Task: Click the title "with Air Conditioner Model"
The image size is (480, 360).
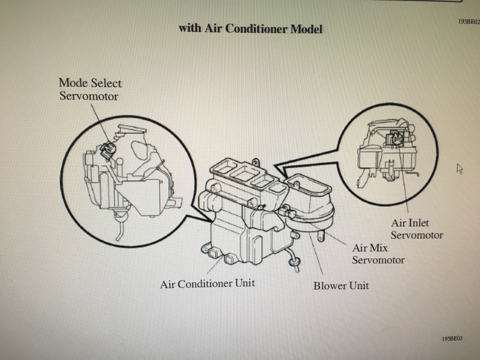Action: (250, 29)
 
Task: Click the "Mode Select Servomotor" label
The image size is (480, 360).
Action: (90, 90)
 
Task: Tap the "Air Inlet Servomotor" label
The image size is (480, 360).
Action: (416, 229)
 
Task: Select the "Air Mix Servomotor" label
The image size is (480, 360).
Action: (378, 254)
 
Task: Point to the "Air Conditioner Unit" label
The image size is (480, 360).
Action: (207, 284)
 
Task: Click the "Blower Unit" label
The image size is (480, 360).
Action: (341, 285)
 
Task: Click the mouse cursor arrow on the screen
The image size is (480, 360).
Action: (459, 169)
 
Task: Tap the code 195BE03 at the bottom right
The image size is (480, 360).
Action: (451, 338)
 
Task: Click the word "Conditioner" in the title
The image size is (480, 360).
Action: (256, 29)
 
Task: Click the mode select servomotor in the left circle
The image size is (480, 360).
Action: (108, 149)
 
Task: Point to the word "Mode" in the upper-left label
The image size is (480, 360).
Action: (73, 83)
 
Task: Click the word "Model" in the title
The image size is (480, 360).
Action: (307, 29)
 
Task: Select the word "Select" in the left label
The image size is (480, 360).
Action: (106, 83)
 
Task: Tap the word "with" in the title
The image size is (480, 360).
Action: (190, 28)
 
